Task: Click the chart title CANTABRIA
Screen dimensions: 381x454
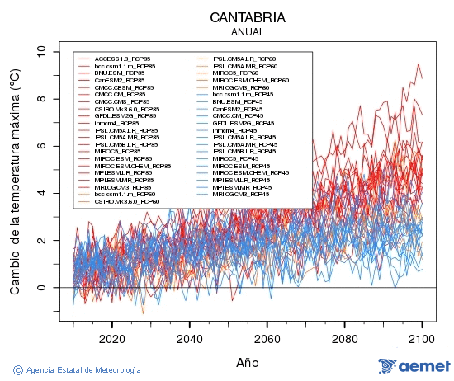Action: point(248,17)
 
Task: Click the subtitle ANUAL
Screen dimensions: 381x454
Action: point(248,32)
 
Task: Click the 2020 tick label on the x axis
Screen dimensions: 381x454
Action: point(111,337)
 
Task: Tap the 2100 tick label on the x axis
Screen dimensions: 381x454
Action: point(422,337)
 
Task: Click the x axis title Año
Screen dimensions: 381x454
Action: point(248,361)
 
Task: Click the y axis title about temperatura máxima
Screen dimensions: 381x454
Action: point(14,181)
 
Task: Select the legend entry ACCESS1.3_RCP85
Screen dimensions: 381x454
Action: point(124,59)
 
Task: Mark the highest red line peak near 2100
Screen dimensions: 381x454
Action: point(419,63)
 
